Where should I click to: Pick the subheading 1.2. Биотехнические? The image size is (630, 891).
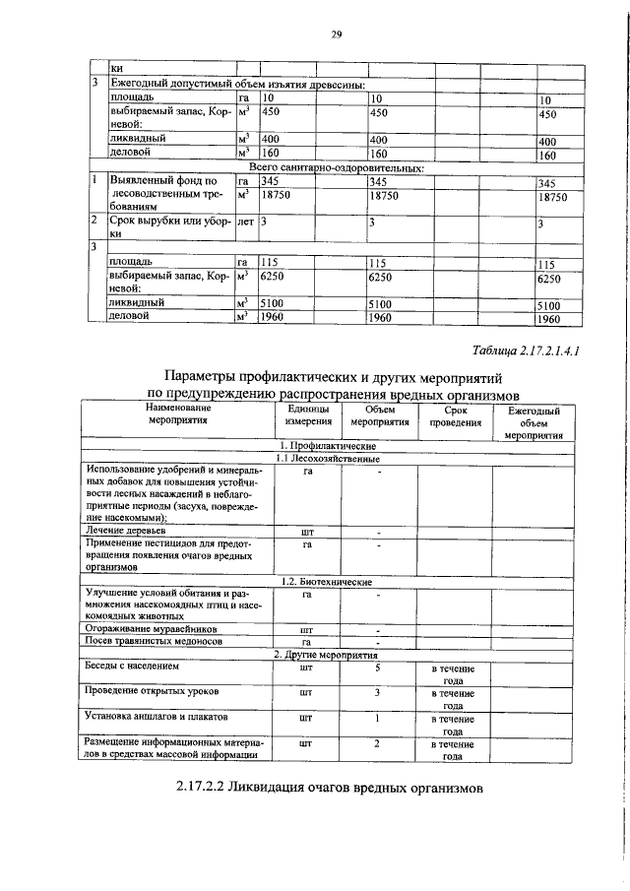(x=325, y=582)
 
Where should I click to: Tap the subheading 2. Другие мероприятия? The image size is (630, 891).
(x=325, y=653)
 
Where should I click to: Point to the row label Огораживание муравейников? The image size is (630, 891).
(x=157, y=627)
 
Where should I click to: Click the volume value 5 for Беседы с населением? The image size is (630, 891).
(x=377, y=667)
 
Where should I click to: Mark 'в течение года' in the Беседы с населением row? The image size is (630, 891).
(x=454, y=673)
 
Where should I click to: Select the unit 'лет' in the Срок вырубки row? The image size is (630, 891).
(x=246, y=222)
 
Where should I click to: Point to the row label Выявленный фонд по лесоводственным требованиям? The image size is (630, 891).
(x=161, y=195)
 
